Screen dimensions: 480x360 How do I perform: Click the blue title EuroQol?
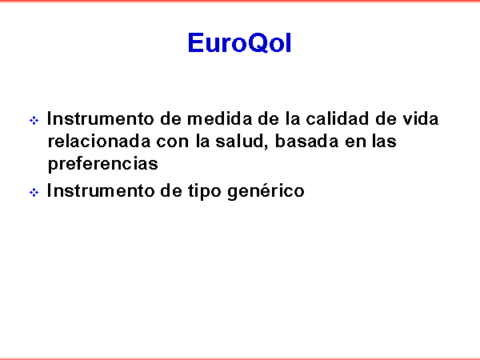point(239,43)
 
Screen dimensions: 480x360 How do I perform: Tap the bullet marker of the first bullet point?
point(34,120)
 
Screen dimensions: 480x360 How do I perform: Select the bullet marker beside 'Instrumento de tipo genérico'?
point(34,193)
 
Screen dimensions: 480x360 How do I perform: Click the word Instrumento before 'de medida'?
point(100,118)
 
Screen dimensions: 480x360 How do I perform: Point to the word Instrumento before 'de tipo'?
point(100,190)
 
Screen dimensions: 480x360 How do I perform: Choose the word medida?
point(219,118)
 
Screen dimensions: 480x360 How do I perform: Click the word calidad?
point(337,118)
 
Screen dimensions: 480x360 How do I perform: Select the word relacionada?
point(99,141)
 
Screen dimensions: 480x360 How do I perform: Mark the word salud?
point(239,141)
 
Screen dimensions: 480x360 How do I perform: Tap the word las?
point(384,141)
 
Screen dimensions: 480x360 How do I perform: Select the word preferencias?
point(103,164)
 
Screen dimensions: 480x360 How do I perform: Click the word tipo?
point(204,192)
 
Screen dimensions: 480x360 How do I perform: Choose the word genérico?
point(266,192)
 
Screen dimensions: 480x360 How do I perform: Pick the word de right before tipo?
point(171,190)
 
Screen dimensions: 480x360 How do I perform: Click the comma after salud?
point(266,147)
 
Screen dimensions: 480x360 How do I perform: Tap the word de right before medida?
point(171,118)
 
